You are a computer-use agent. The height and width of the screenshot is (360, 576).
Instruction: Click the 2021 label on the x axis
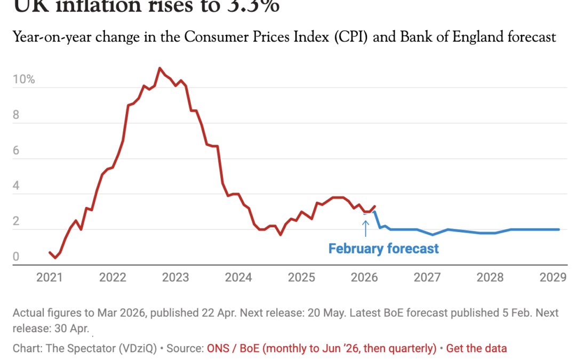pos(49,277)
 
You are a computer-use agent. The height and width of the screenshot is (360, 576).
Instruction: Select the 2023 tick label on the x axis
pos(175,277)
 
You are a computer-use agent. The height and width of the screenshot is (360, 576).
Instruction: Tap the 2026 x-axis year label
pos(364,277)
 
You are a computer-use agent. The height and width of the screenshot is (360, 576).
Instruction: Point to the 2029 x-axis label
pos(553,277)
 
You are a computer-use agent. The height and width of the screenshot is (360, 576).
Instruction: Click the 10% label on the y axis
pos(24,80)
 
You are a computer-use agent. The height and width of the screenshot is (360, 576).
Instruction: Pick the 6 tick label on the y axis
pos(16,151)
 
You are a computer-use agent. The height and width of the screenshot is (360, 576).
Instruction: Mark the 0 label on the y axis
pos(16,257)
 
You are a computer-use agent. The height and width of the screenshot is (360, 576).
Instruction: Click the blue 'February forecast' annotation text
pos(383,249)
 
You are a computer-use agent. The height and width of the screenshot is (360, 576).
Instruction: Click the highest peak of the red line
pos(159,68)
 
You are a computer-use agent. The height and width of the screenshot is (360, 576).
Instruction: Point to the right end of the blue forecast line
pos(559,229)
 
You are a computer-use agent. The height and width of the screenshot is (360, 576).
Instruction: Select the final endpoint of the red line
pos(375,206)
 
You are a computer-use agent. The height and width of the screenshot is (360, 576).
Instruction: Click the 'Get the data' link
pos(476,348)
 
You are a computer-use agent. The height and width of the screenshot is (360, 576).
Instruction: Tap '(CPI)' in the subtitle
pos(351,37)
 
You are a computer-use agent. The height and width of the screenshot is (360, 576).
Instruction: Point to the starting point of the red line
pos(50,252)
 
